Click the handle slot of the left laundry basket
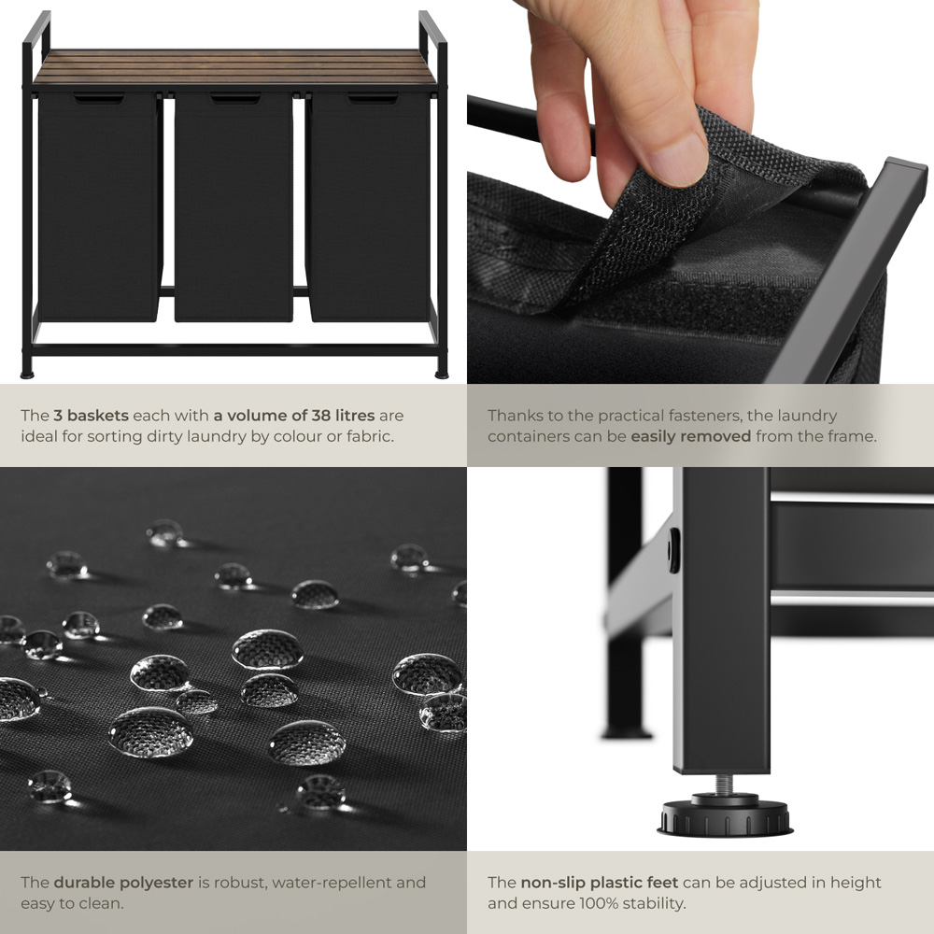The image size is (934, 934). [99, 98]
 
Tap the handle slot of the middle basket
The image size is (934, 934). [235, 98]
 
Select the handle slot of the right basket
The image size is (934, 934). [373, 98]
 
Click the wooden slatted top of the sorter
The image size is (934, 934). [235, 67]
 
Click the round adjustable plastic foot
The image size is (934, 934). [725, 816]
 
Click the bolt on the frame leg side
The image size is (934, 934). [673, 550]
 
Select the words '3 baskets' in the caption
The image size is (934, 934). [92, 416]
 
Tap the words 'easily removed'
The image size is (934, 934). [691, 436]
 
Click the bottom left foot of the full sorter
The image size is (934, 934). [27, 375]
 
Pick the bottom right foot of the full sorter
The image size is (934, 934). [442, 375]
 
